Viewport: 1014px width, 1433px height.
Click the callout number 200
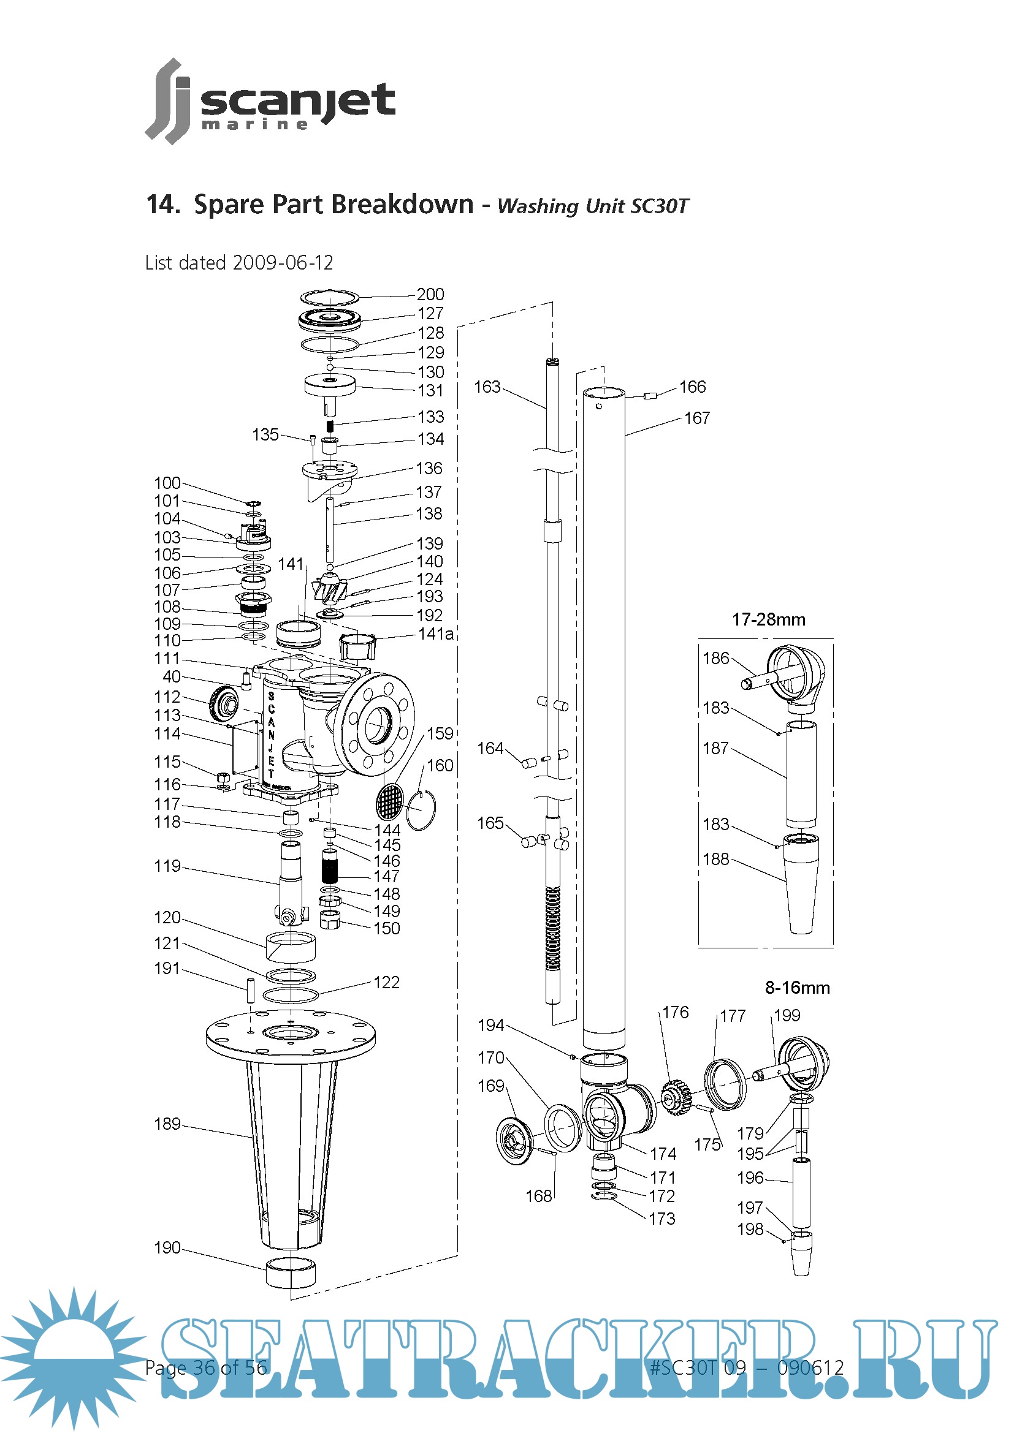coord(430,294)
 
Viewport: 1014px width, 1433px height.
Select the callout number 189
coord(167,1124)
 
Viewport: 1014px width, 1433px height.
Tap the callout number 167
coord(697,418)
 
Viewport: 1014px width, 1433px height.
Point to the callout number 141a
coord(435,634)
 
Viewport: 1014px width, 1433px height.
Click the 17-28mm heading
coord(769,620)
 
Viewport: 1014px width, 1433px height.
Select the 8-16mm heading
coord(798,988)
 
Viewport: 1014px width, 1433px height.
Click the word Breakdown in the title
coord(402,205)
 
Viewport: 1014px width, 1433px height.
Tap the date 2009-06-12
coord(283,263)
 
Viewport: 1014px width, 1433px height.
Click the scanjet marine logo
coord(270,102)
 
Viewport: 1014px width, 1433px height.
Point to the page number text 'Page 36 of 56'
coord(206,1368)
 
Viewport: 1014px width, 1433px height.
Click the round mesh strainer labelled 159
coord(391,801)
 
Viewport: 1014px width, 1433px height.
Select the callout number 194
coord(491,1025)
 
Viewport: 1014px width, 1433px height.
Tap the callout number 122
coord(386,982)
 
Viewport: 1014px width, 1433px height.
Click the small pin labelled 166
coord(650,395)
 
